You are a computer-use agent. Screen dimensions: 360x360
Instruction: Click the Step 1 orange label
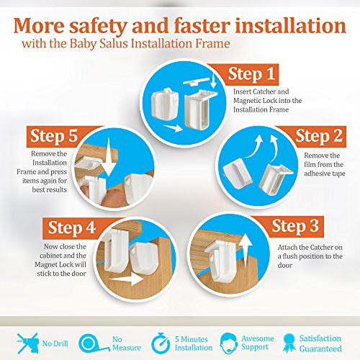(x=250, y=74)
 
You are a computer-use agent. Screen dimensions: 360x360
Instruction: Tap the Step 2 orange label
(x=317, y=136)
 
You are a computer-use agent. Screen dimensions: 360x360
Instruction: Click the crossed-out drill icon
(x=27, y=343)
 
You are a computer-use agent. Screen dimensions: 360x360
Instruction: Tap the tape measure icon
(x=93, y=344)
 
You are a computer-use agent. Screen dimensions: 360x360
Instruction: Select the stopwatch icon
(x=161, y=343)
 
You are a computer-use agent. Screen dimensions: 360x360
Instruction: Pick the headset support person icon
(x=229, y=343)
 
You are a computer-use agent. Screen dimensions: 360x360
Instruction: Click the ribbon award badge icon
(x=289, y=343)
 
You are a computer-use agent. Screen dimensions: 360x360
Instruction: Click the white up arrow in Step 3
(x=246, y=254)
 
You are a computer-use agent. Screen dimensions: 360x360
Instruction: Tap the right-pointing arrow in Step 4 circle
(x=126, y=279)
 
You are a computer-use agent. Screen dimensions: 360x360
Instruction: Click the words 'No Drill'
(x=55, y=343)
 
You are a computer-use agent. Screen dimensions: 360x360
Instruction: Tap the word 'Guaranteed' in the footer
(x=320, y=348)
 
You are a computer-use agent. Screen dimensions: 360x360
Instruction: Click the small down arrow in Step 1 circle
(x=213, y=81)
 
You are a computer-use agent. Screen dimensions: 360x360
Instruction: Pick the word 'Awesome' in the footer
(x=258, y=338)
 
